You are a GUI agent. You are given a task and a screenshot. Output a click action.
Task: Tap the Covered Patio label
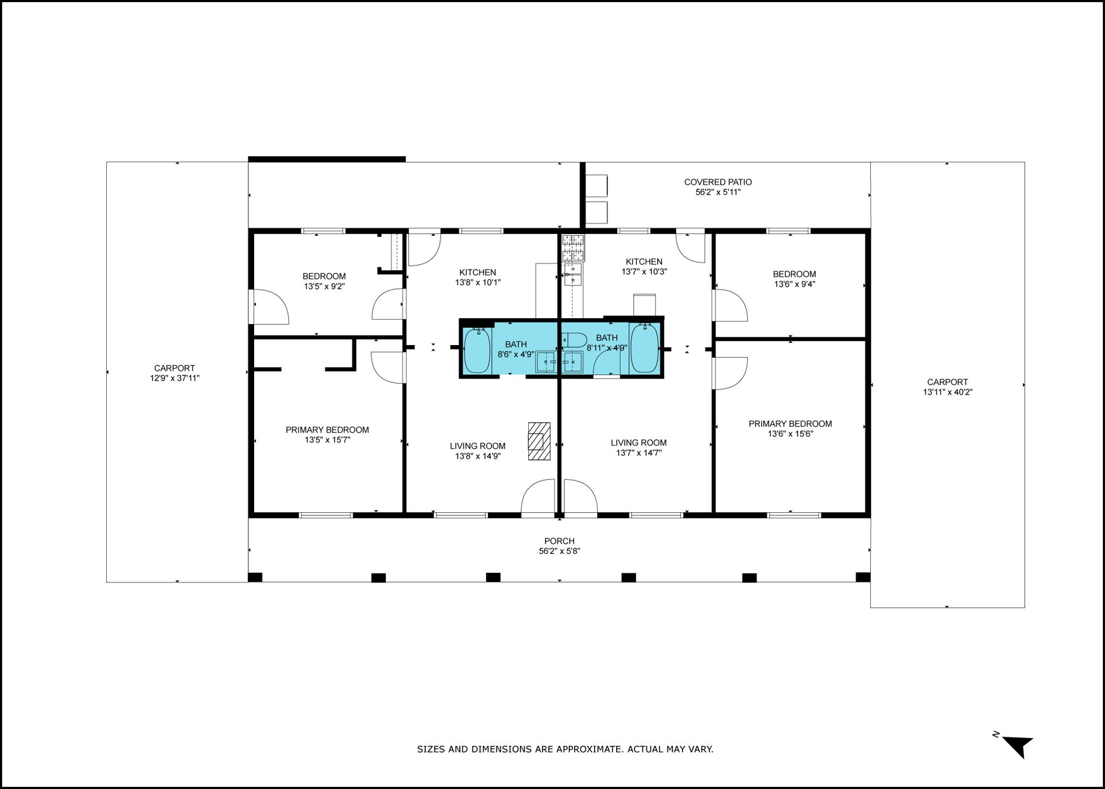click(718, 182)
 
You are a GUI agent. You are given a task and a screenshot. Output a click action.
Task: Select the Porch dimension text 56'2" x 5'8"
click(560, 551)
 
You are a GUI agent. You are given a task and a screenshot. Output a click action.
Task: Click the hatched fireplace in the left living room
click(539, 441)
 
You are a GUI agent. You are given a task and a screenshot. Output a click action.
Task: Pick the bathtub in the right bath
click(644, 348)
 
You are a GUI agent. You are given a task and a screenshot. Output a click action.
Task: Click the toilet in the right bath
click(574, 341)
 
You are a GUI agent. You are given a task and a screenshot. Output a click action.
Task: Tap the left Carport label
click(174, 368)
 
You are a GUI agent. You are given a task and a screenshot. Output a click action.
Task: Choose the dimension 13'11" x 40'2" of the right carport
click(947, 392)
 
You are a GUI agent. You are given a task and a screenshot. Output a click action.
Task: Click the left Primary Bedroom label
click(327, 430)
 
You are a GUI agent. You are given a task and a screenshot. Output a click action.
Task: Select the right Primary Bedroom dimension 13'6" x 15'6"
click(790, 434)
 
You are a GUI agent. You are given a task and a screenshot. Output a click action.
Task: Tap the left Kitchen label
click(478, 272)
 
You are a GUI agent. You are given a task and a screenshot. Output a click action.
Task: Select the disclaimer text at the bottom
click(565, 749)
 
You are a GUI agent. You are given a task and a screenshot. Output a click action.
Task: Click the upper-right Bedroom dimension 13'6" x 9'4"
click(794, 284)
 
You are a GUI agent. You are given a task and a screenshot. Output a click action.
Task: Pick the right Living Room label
click(638, 443)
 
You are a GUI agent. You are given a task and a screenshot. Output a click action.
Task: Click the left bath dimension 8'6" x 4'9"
click(516, 354)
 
